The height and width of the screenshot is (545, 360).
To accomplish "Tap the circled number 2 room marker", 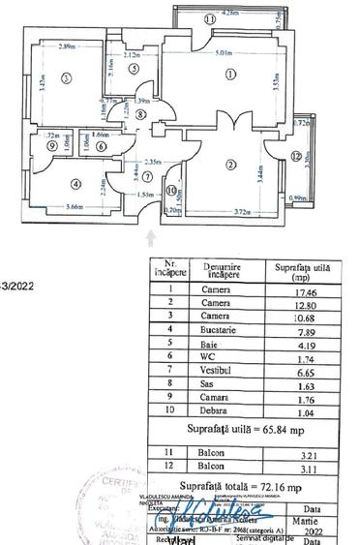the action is pyautogui.click(x=230, y=165).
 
